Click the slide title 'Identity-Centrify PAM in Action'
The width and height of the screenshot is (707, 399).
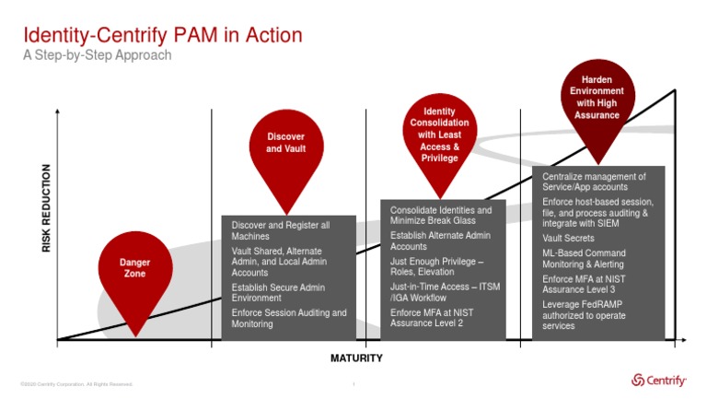(162, 36)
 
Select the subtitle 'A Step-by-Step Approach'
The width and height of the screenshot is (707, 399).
(97, 55)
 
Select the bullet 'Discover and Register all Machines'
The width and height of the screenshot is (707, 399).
(280, 230)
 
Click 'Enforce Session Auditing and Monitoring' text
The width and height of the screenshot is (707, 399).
(288, 319)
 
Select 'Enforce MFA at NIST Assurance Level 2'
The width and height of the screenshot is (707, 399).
(432, 319)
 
